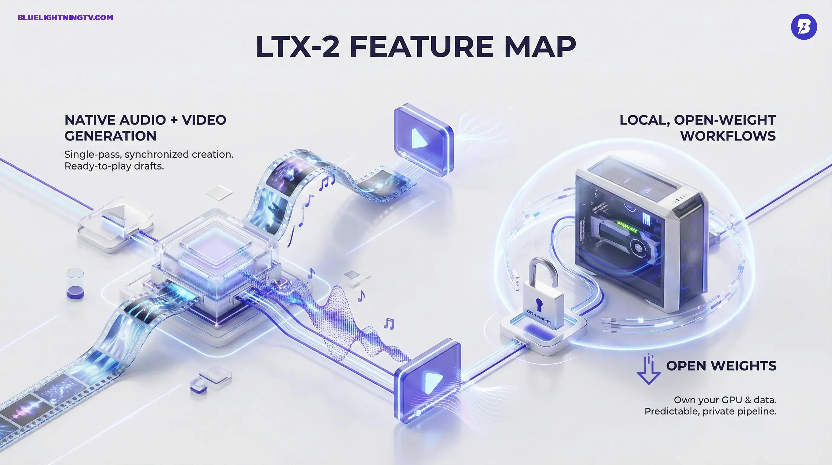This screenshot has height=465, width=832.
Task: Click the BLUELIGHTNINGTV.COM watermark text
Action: click(65, 18)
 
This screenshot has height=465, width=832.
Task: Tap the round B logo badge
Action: click(804, 27)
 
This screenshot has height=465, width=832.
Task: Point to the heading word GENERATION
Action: click(110, 136)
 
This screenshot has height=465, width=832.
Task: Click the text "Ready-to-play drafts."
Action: click(114, 166)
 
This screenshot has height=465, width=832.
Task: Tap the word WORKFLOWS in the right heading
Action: click(728, 136)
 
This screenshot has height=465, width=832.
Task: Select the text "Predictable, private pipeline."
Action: click(710, 411)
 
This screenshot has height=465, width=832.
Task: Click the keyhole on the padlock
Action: click(538, 304)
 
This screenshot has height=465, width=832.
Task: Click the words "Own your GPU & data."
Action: click(725, 400)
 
